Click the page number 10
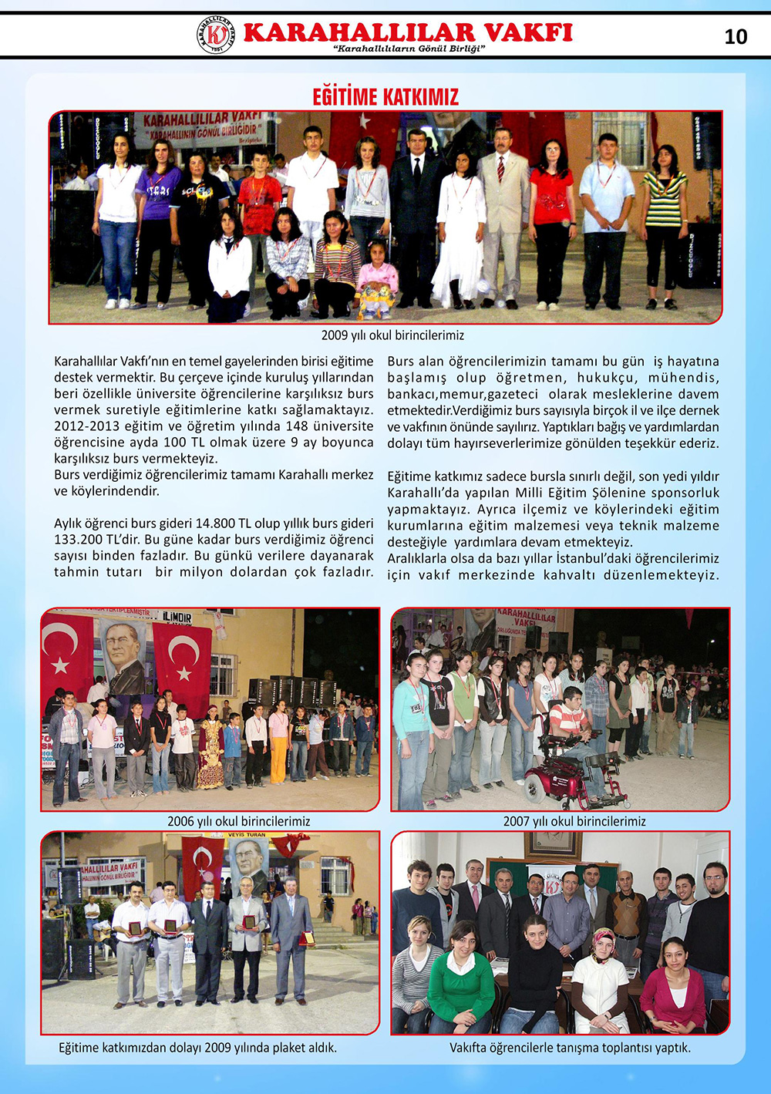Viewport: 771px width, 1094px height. tap(736, 36)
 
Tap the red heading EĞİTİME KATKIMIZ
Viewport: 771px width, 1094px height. tap(385, 97)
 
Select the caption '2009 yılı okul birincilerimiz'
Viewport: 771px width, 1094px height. tap(392, 335)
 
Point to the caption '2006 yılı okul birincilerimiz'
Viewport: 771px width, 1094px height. tap(238, 821)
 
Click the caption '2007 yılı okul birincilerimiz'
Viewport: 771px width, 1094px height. tap(574, 821)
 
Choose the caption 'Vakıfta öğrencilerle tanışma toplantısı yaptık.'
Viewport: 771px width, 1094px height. tap(570, 1048)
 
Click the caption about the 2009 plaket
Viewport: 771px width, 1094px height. tap(198, 1048)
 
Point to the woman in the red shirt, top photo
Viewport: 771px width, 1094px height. tap(551, 220)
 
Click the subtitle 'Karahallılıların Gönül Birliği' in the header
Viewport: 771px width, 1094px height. tap(409, 49)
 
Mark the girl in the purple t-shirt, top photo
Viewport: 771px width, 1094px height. tap(157, 220)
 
